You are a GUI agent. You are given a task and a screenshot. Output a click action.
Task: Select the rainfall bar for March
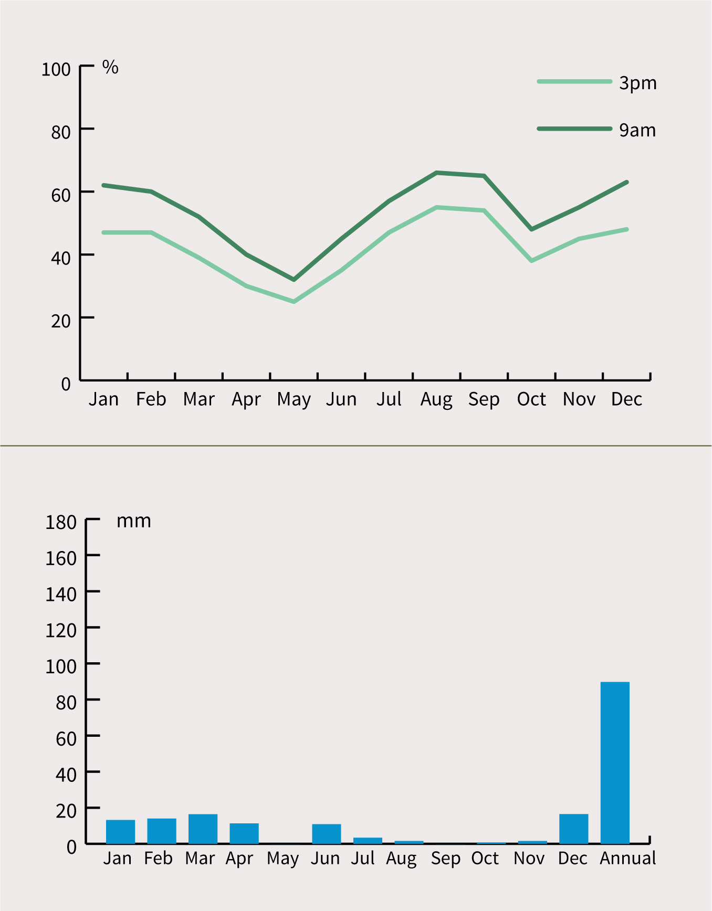pos(203,829)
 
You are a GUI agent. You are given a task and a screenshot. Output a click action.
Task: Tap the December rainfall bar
pos(573,829)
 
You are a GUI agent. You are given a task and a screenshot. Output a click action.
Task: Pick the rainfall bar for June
pos(326,833)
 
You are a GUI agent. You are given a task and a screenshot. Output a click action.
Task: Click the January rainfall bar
pos(120,831)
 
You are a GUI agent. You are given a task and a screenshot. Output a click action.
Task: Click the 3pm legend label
pos(637,83)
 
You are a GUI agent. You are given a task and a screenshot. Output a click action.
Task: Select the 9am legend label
pos(637,130)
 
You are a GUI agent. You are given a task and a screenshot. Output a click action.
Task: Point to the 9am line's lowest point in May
pos(294,280)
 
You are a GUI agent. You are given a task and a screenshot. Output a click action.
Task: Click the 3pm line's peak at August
pos(436,207)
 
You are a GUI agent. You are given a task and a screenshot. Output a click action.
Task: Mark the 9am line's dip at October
pos(532,229)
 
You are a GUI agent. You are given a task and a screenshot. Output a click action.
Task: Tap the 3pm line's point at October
pos(532,261)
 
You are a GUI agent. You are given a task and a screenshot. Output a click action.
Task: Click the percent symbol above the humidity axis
pos(110,67)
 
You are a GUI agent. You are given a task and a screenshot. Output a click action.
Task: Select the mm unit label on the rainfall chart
pos(134,521)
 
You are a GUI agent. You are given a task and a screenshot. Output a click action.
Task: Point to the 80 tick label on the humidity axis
pos(61,132)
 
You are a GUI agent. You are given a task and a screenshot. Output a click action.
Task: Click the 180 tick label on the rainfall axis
pos(61,523)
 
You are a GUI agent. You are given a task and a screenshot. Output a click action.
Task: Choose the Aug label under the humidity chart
pos(436,400)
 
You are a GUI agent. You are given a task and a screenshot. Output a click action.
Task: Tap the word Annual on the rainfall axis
pos(627,859)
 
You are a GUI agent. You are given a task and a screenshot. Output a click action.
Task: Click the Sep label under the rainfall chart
pos(445,859)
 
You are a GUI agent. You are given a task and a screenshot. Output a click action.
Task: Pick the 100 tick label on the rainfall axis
pos(61,666)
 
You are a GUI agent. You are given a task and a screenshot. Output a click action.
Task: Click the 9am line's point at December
pos(627,182)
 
